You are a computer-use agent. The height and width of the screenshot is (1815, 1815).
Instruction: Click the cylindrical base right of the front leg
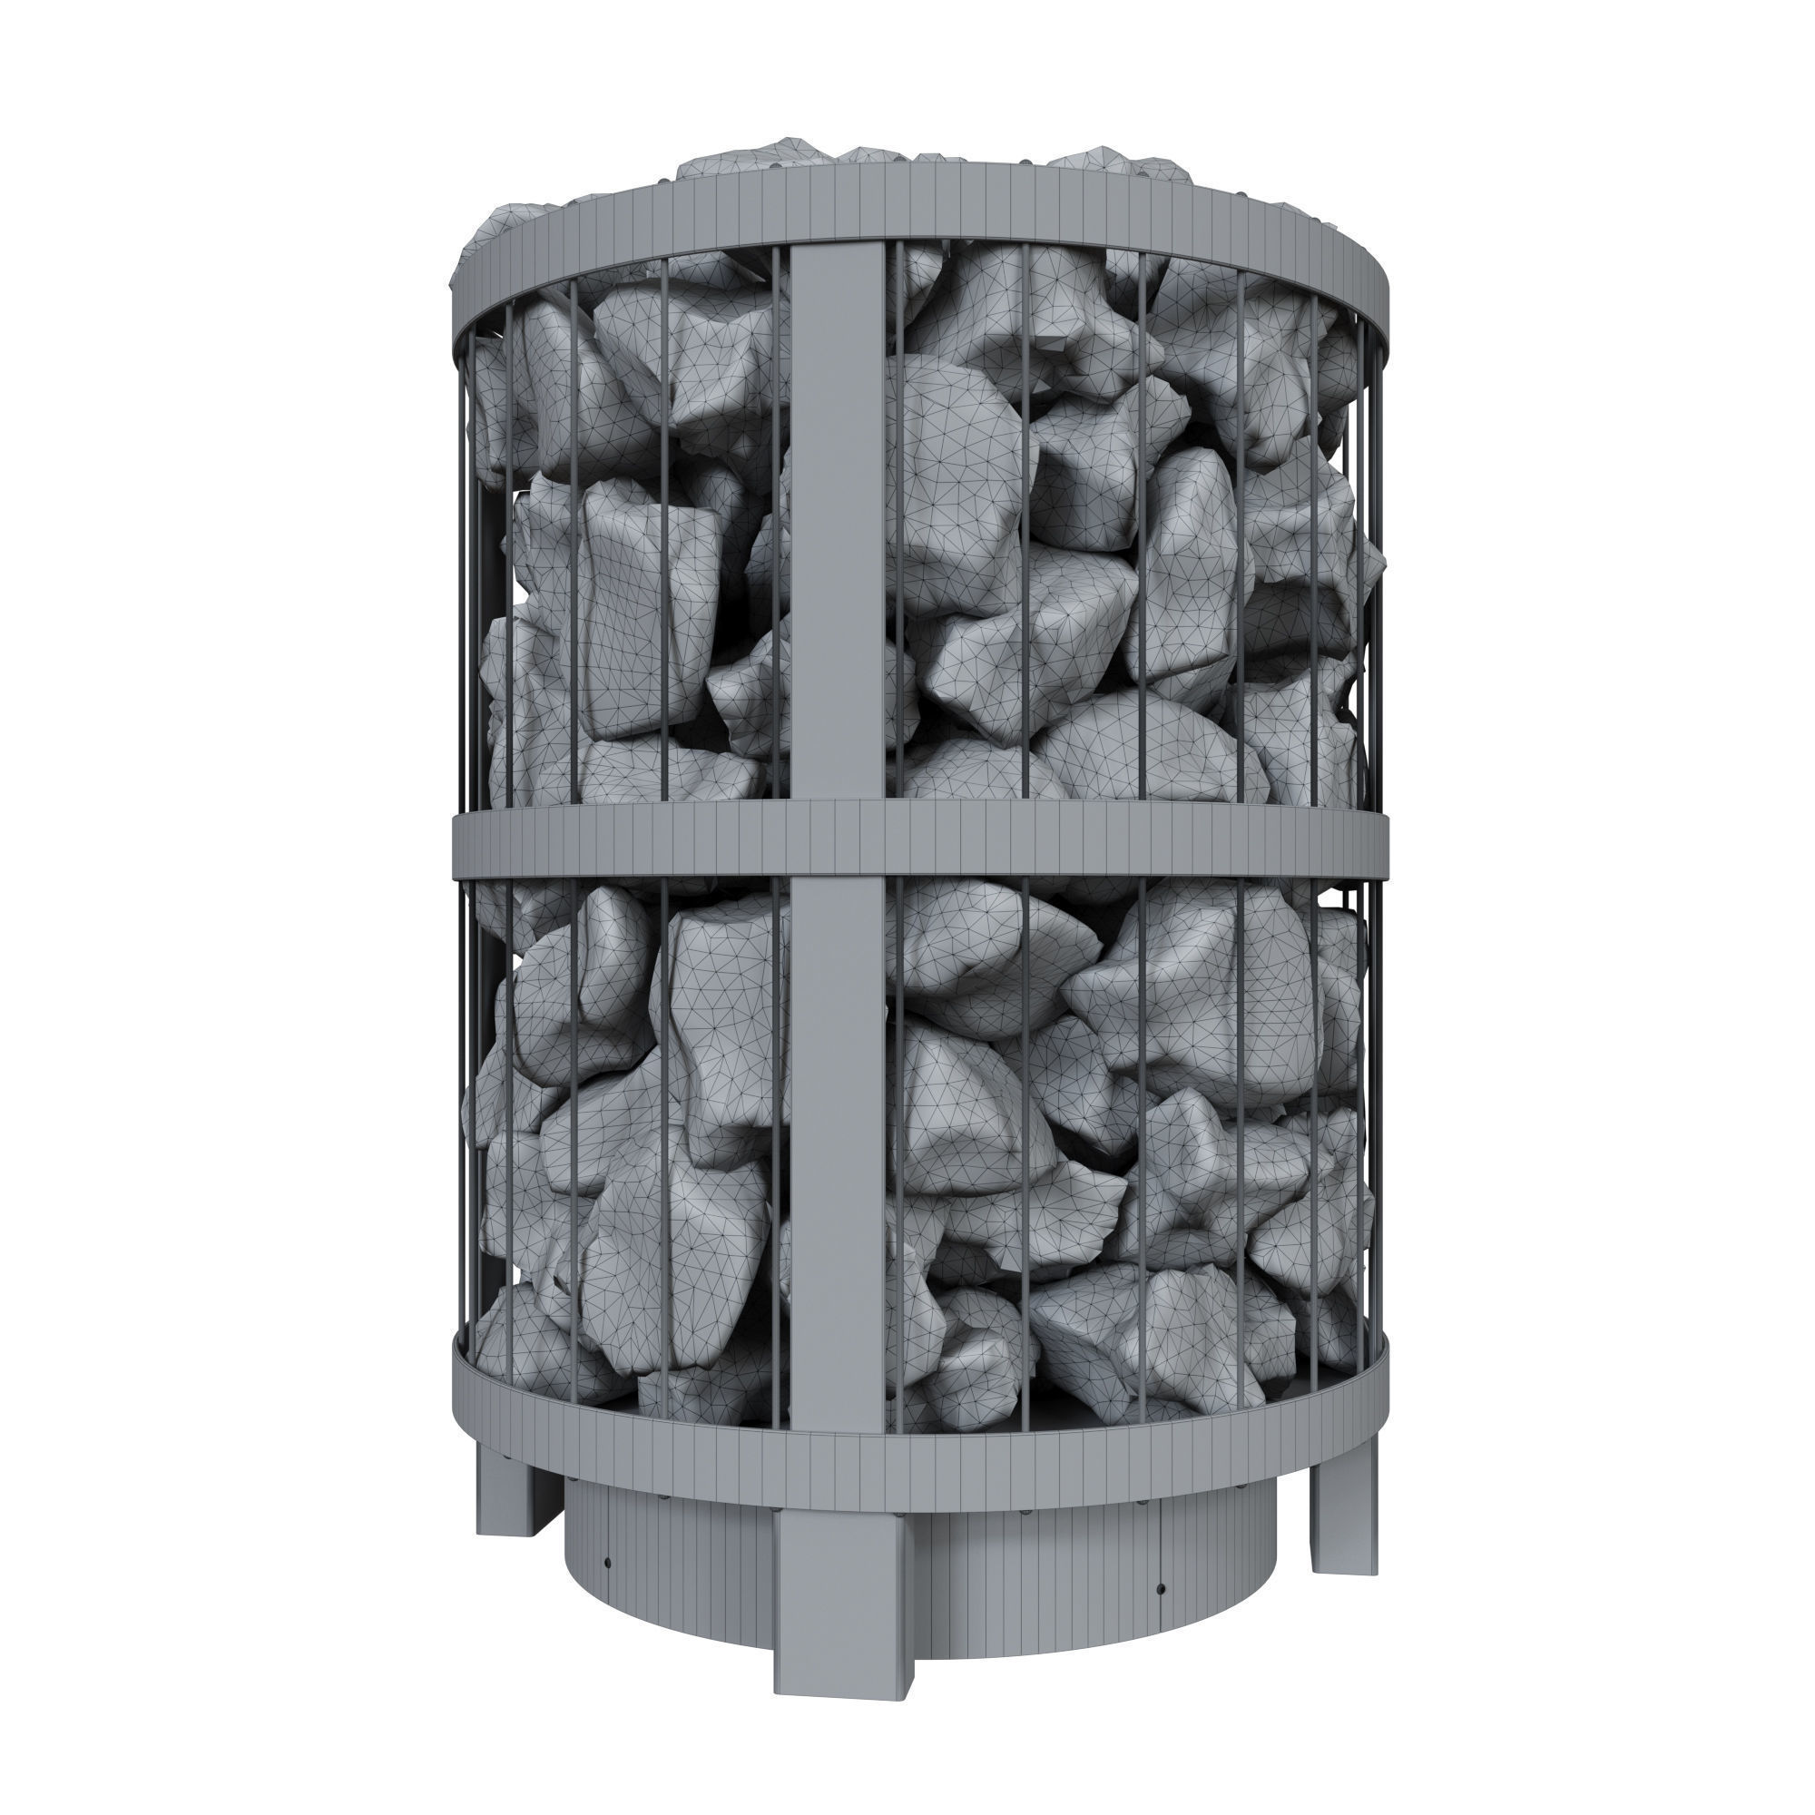[1034, 1578]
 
